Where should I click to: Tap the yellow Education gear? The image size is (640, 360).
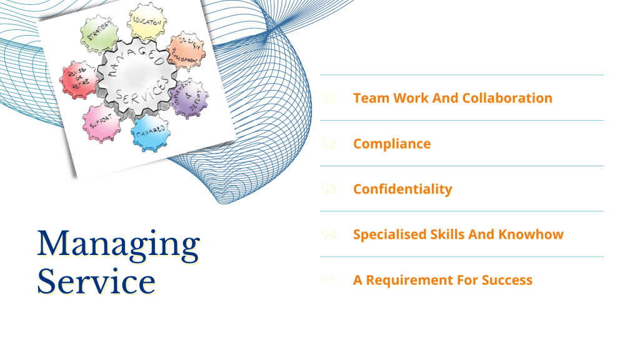pos(147,22)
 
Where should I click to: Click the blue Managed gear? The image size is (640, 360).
pos(150,131)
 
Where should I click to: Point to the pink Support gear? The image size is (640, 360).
pos(101,122)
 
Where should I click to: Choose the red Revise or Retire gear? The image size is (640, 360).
pos(79,80)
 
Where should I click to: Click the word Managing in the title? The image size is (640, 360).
pos(118,244)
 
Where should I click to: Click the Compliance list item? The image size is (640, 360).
pos(392,144)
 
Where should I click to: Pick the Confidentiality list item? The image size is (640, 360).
pos(402,189)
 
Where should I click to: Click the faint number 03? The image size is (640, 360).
pos(329,189)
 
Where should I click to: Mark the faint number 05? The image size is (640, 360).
pos(329,280)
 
